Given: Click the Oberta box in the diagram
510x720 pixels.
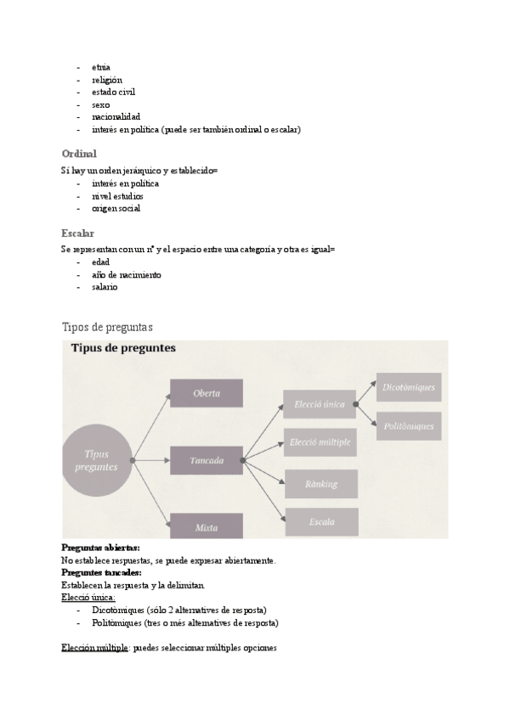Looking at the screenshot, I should (x=207, y=393).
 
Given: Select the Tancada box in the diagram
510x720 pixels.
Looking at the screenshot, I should (x=207, y=460).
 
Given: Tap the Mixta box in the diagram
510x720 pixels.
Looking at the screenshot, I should (x=207, y=526).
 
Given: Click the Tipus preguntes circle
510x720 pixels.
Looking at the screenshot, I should (x=96, y=460).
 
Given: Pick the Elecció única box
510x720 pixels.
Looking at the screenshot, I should (x=320, y=404).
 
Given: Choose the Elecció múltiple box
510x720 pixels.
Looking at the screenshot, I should (x=320, y=442).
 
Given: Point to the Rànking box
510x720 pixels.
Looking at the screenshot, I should (x=320, y=484).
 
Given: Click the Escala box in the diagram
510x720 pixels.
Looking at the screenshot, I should (x=320, y=521).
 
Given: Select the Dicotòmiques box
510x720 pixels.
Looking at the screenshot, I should (x=408, y=387).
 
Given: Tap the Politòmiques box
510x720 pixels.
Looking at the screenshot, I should (x=408, y=426).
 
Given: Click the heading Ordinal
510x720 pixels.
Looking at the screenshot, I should (x=79, y=154).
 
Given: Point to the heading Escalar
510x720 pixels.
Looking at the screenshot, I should (x=78, y=233).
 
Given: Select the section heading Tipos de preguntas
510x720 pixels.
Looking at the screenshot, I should (x=107, y=327).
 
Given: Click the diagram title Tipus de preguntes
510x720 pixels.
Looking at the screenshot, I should (x=122, y=349).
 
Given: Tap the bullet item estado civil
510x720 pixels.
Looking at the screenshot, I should (x=114, y=92).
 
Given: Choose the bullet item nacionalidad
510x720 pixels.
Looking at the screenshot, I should (x=116, y=116).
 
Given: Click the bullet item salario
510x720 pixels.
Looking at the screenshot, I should (x=105, y=287).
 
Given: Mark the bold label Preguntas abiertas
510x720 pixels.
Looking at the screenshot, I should (x=101, y=548).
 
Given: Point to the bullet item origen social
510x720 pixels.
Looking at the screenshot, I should (x=116, y=208).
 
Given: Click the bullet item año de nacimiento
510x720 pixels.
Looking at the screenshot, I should (x=127, y=275).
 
